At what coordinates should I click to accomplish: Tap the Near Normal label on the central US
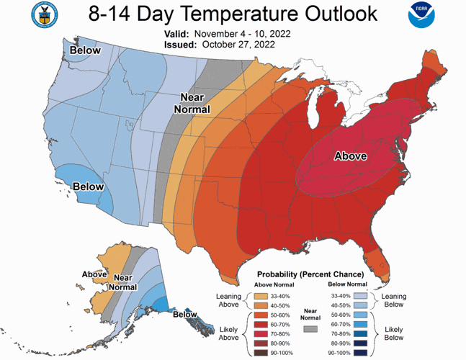pyautogui.click(x=194, y=104)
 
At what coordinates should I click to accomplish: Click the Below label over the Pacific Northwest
pyautogui.click(x=85, y=50)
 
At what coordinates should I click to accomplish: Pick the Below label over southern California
pyautogui.click(x=89, y=186)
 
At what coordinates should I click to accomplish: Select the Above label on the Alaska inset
pyautogui.click(x=94, y=274)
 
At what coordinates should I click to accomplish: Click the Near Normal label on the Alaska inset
pyautogui.click(x=124, y=282)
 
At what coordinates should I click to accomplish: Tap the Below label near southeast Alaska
pyautogui.click(x=185, y=314)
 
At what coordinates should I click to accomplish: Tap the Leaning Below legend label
pyautogui.click(x=394, y=300)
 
